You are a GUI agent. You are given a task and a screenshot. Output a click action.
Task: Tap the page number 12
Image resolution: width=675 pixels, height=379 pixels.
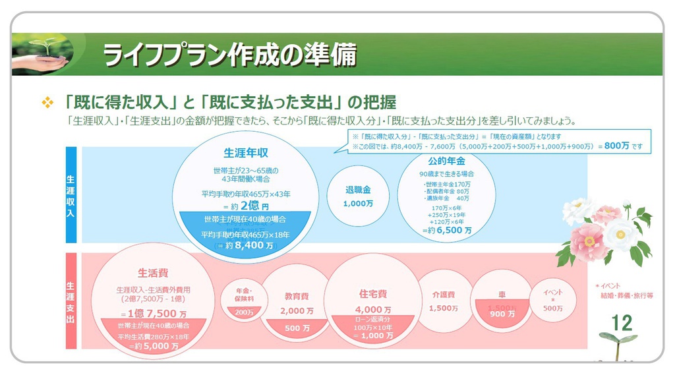pyautogui.click(x=621, y=323)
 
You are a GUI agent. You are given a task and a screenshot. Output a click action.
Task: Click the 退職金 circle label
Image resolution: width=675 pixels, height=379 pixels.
pyautogui.click(x=358, y=190)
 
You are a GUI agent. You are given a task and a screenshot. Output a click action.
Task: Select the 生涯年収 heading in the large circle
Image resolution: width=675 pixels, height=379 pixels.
pyautogui.click(x=246, y=152)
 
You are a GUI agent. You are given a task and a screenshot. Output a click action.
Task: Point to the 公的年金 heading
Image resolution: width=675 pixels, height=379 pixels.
pyautogui.click(x=446, y=161)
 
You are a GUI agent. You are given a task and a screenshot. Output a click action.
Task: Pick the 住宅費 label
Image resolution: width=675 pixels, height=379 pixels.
pyautogui.click(x=373, y=294)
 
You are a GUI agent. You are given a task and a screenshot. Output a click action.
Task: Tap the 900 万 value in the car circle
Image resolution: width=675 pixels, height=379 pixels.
pyautogui.click(x=502, y=314)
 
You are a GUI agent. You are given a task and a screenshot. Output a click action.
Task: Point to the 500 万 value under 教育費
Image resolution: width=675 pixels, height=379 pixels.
pyautogui.click(x=297, y=328)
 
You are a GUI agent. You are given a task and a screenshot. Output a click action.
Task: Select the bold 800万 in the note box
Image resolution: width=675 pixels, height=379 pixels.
pyautogui.click(x=616, y=146)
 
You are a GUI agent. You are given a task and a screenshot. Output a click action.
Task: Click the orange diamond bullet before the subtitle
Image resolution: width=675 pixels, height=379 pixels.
pyautogui.click(x=47, y=103)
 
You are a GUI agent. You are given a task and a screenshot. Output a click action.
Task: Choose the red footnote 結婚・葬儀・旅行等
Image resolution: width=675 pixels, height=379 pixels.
pyautogui.click(x=626, y=296)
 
